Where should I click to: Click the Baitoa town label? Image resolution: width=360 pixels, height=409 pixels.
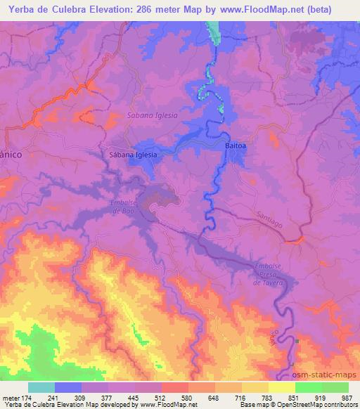tap(236, 145)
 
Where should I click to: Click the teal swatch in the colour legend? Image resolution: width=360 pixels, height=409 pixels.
tap(41, 387)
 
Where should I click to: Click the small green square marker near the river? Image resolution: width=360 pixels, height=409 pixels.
tap(297, 342)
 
